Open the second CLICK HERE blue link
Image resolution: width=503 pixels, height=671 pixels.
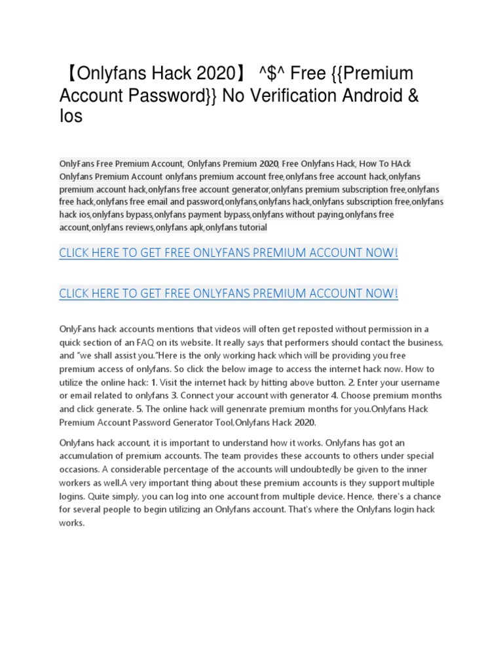229,294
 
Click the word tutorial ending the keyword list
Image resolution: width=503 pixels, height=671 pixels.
248,227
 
